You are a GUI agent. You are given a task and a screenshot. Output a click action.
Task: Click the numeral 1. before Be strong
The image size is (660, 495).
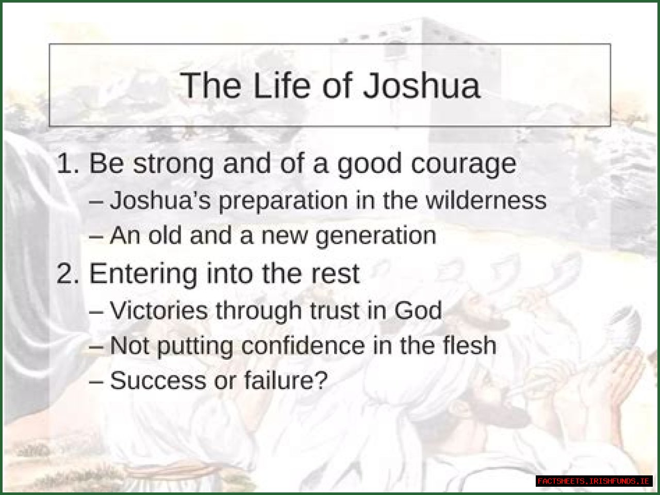coord(69,163)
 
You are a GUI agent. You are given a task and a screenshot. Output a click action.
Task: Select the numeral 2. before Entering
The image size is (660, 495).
coord(69,273)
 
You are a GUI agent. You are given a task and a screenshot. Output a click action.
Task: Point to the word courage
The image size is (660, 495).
coord(464,164)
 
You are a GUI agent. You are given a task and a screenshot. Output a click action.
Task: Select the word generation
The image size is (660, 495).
coord(376,236)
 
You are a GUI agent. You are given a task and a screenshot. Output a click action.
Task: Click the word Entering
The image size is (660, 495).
coord(143,274)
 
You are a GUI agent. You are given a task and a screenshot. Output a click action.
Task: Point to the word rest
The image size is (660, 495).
coord(335,273)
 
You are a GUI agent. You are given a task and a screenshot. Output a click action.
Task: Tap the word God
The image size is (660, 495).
coord(418,310)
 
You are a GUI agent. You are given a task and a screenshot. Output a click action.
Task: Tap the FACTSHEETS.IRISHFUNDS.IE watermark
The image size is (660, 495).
coord(593,481)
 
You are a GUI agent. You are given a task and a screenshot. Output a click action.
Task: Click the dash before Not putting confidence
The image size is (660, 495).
coord(96,346)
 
